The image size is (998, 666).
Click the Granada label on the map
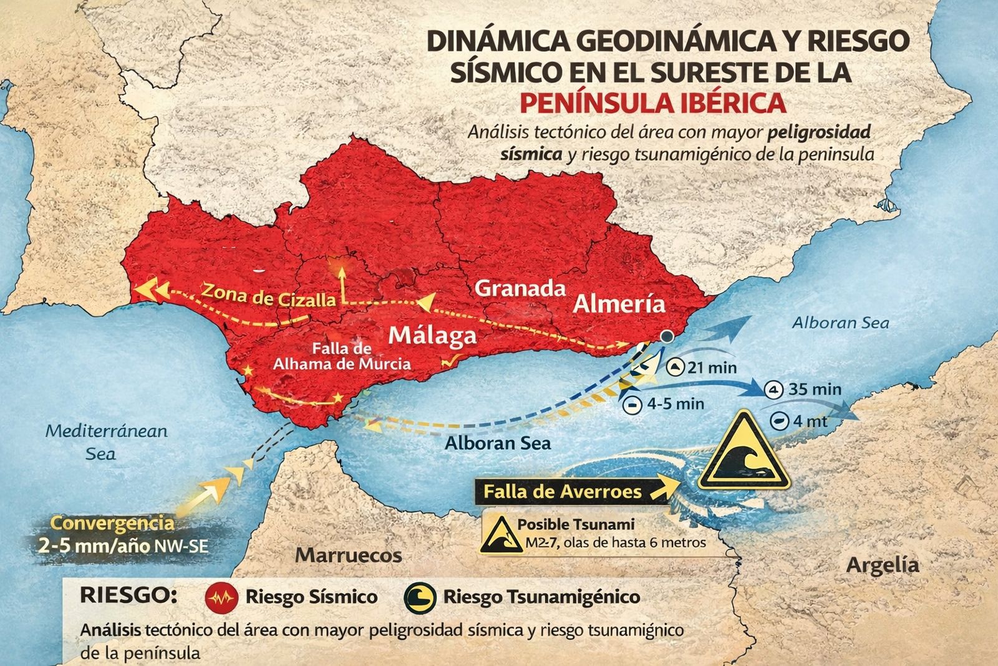pos(520,289)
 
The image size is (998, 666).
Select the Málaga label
pos(432,336)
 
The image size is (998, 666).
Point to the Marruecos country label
pos(349,555)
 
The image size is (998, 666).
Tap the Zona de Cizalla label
pos(269,295)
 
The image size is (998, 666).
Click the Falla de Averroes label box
pos(563,491)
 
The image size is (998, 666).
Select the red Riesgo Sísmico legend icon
pos(221,597)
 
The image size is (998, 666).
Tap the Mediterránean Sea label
pos(107,441)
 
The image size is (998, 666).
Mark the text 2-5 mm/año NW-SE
pos(120,546)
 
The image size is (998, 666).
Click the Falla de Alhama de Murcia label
pos(342,356)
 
